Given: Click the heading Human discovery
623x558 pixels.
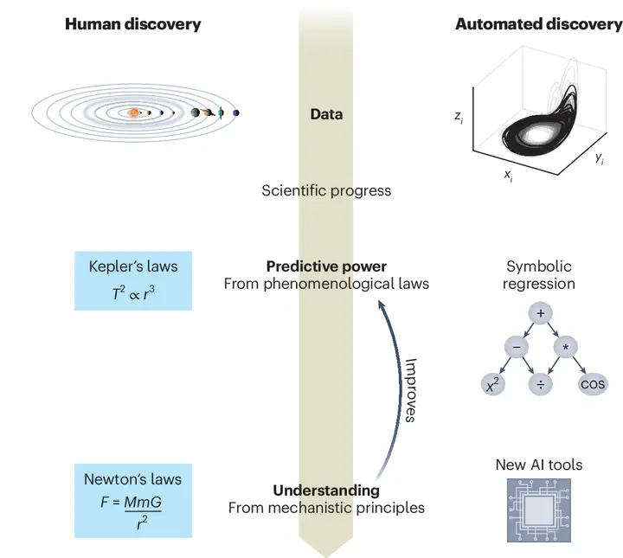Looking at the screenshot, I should (132, 24).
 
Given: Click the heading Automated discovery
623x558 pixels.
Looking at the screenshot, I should (538, 24).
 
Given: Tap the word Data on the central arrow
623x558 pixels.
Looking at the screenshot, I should (326, 114).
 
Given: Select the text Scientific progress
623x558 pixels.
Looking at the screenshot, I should (326, 190).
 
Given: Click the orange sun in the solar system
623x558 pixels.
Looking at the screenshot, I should (134, 112).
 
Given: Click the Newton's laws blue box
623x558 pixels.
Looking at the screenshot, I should (132, 501).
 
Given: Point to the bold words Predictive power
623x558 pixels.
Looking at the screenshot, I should (326, 266).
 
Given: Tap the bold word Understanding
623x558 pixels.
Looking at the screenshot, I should (326, 491).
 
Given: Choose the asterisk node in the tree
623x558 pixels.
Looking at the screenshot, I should (566, 347).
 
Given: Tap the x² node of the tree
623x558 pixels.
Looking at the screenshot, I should (492, 384).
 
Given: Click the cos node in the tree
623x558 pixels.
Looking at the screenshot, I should (594, 384).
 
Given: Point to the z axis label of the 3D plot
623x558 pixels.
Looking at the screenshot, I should (459, 115).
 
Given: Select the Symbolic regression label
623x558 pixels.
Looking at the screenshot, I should (540, 275).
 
